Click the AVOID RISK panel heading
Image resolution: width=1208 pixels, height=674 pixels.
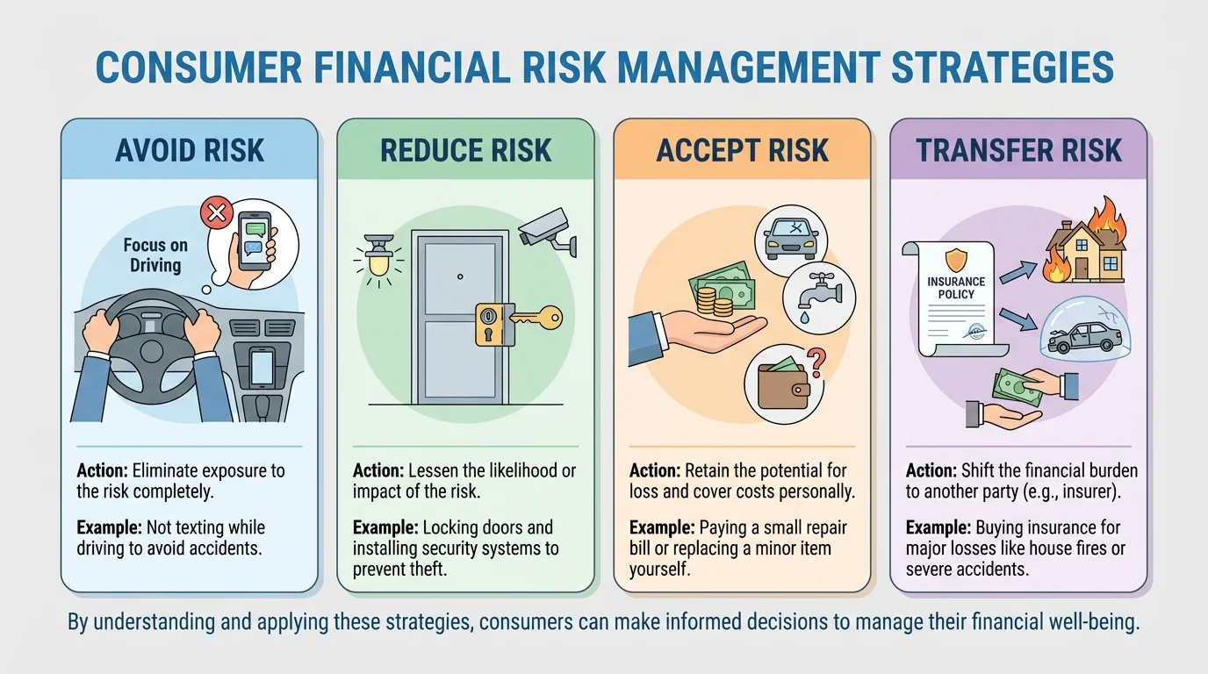point(189,150)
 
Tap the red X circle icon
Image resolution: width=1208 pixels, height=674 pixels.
point(214,212)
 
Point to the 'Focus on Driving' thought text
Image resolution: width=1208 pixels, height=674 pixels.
point(155,255)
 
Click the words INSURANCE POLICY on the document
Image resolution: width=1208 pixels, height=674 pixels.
point(956,288)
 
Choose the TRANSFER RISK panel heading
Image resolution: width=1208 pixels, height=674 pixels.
point(1018,150)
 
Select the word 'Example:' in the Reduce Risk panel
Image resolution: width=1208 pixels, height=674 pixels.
point(385,528)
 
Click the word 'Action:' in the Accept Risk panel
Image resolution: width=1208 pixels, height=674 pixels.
point(655,470)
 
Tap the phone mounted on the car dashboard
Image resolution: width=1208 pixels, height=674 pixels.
point(262,366)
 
